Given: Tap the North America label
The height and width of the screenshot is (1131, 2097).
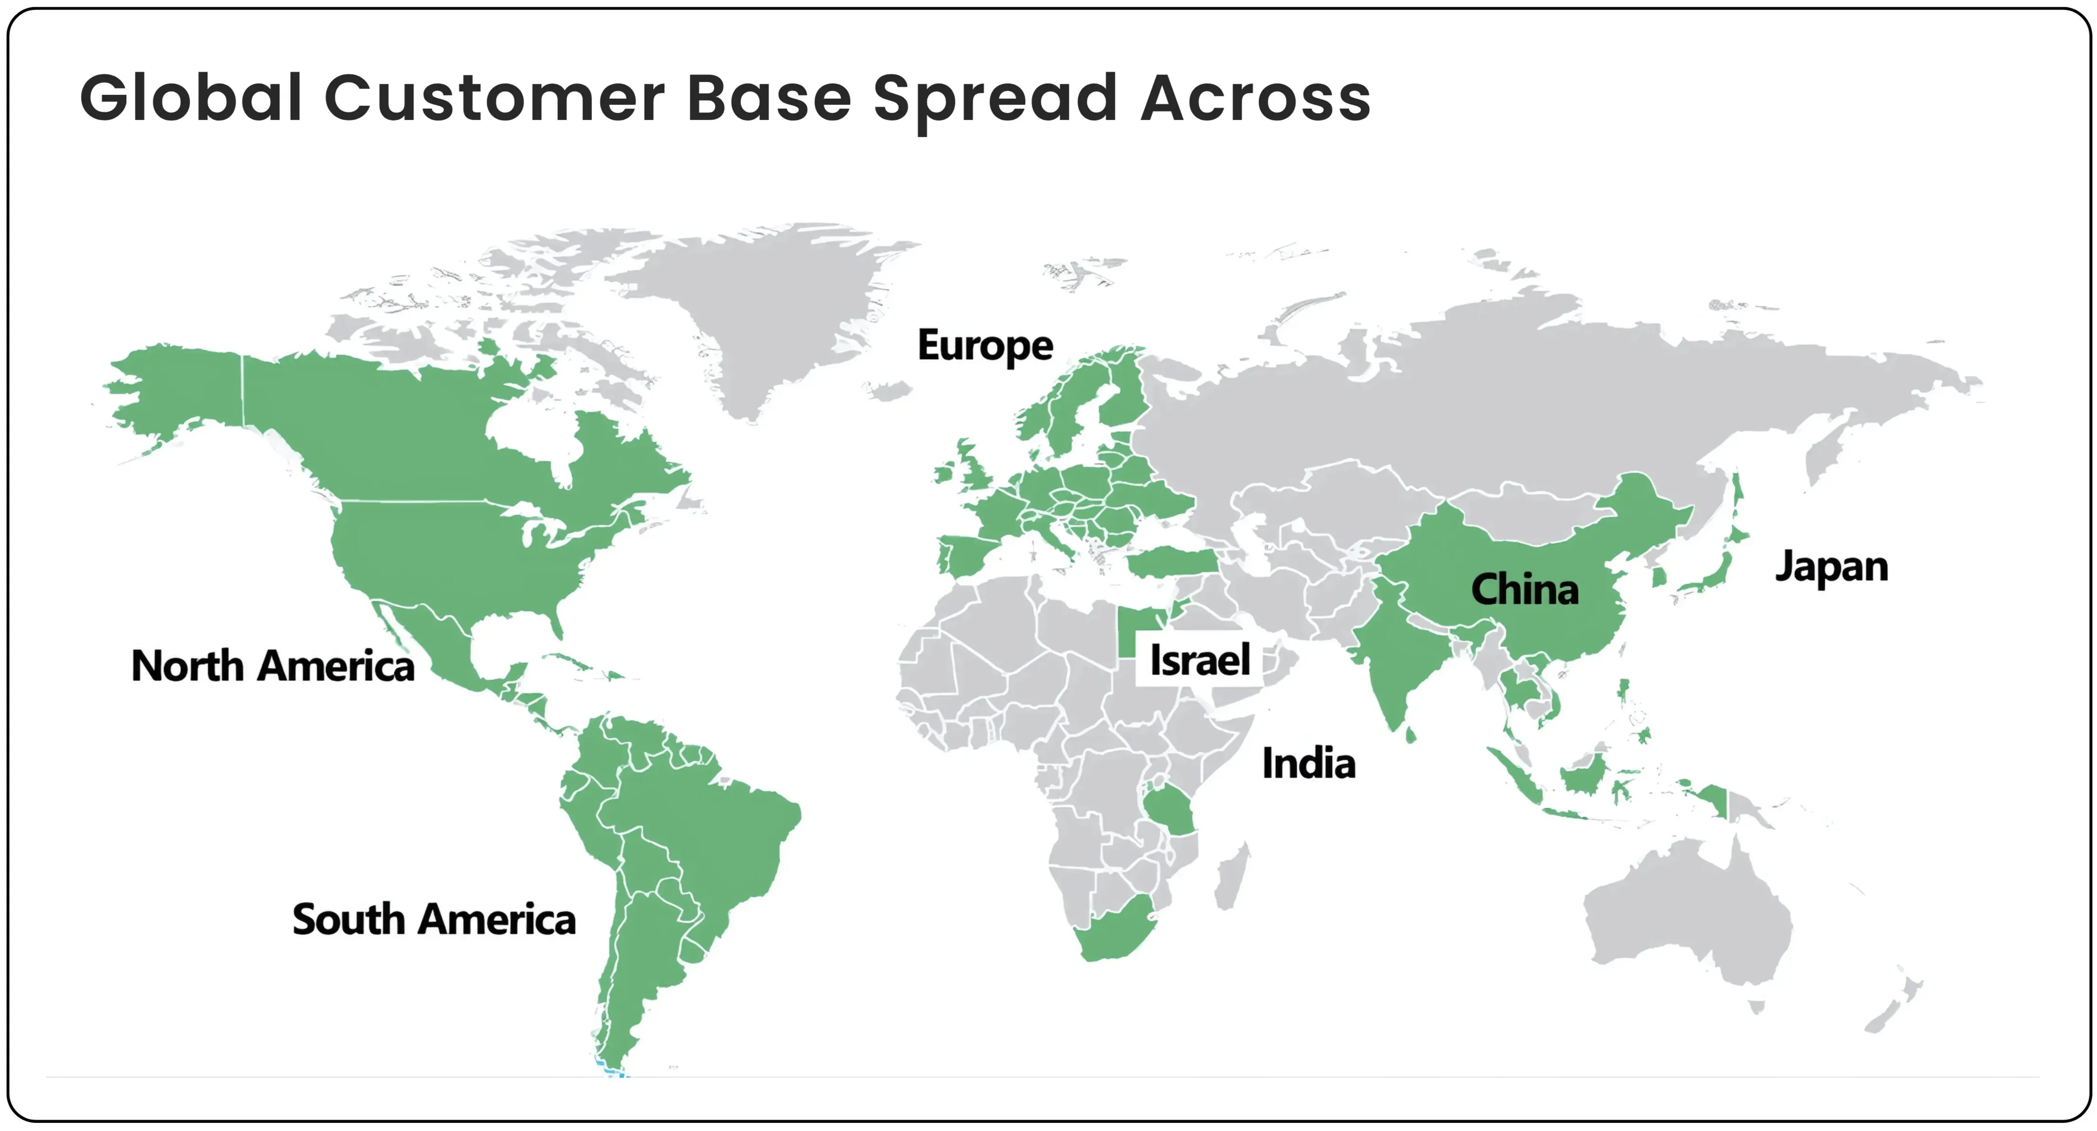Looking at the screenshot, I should tap(273, 666).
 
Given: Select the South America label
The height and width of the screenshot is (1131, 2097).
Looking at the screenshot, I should tap(434, 920).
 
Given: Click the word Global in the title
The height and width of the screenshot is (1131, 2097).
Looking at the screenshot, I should tap(191, 99).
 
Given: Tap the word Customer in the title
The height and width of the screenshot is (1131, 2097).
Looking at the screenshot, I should tap(494, 99).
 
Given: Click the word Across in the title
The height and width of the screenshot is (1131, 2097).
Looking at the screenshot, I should tap(1256, 99).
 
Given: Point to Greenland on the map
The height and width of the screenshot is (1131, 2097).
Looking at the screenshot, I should tap(765, 317).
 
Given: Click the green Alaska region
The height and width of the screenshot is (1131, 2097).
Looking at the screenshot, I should tap(179, 391).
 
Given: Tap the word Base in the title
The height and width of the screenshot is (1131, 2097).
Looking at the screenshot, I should tap(769, 99).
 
